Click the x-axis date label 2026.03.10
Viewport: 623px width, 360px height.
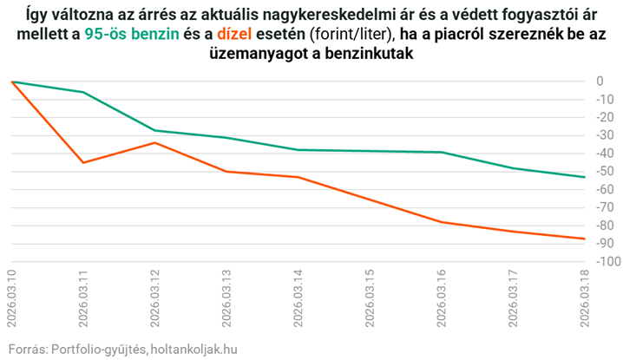(12, 299)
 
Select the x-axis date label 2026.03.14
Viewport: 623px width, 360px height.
(298, 299)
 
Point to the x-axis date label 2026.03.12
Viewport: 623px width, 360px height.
(155, 299)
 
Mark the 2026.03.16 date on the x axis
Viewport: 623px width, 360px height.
(442, 299)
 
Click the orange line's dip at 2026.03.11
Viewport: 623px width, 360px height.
(83, 162)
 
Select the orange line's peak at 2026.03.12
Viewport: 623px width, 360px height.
(155, 142)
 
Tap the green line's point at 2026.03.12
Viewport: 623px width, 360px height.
(155, 130)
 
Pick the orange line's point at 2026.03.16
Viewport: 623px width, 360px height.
(442, 222)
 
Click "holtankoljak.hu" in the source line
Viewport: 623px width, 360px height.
(193, 349)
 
